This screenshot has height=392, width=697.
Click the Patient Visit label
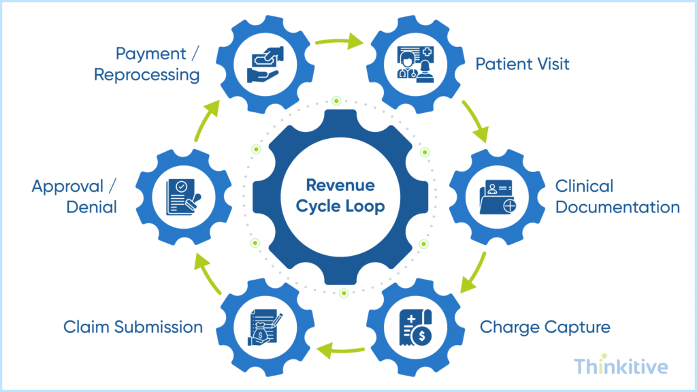[522, 65]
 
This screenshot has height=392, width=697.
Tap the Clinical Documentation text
[617, 196]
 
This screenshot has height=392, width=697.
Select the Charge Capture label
[545, 327]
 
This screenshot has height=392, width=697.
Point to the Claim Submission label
[133, 327]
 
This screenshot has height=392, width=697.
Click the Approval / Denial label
[74, 196]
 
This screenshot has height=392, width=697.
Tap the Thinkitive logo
[621, 367]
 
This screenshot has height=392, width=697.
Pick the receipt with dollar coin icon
[412, 327]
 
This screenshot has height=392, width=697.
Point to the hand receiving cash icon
[268, 65]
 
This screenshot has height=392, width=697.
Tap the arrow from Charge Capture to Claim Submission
[340, 351]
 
